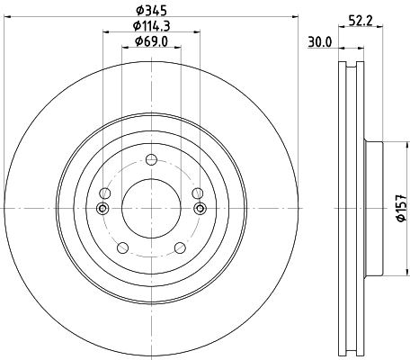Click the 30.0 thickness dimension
point(321,40)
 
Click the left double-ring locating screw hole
point(102,208)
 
